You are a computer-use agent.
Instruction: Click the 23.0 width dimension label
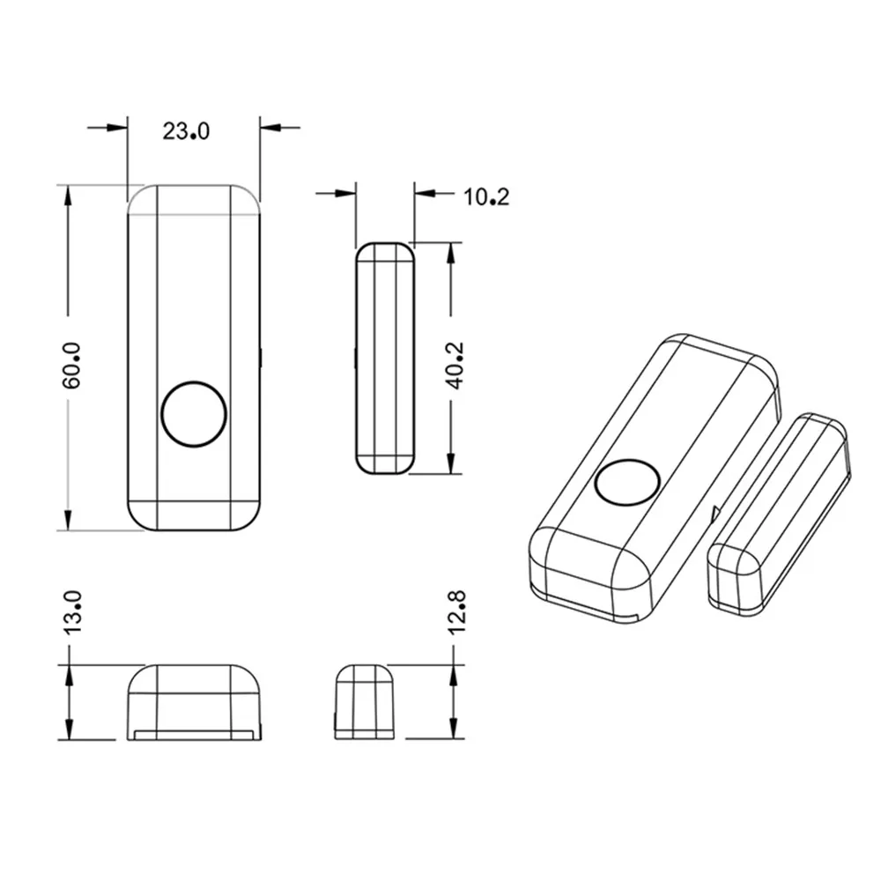[x=186, y=131]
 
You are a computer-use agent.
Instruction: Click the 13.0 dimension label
[x=72, y=613]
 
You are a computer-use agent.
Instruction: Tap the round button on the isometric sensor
[x=627, y=484]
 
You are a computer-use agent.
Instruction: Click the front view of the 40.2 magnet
[x=383, y=359]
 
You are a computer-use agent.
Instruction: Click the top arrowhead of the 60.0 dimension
[x=68, y=196]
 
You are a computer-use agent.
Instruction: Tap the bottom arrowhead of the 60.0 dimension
[x=68, y=520]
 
